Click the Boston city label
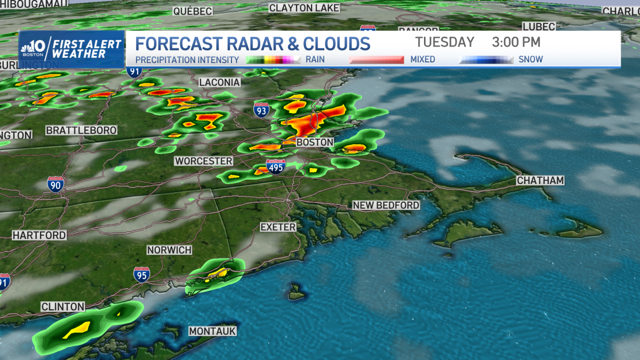point(315,142)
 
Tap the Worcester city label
point(204,161)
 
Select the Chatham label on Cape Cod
point(540,180)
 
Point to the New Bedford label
point(386,205)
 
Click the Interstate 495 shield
point(276,166)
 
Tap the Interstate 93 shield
point(261,110)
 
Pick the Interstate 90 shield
point(55,184)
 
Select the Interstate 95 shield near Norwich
point(141,274)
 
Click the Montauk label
point(212,331)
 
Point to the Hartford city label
point(39,235)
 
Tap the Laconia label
point(220,82)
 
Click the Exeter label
point(278,227)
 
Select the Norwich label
point(169,250)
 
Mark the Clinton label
point(63,307)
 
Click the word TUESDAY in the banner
point(445,42)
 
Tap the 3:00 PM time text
point(516,42)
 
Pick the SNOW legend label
point(531,59)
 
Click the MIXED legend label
point(422,59)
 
